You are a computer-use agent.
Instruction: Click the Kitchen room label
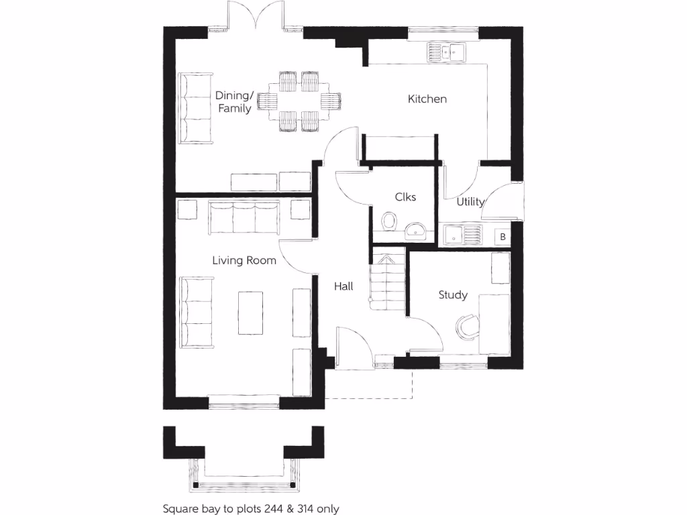pos(427,99)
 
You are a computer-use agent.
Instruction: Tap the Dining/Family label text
pos(234,102)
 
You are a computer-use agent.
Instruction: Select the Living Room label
pos(244,260)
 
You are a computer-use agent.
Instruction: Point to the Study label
pos(453,294)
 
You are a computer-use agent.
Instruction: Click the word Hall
pos(343,286)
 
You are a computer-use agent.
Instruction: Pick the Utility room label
pos(470,201)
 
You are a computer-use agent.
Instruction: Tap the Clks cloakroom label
pos(405,196)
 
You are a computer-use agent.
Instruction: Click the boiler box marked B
pos(502,237)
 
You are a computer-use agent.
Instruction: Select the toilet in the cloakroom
pos(388,221)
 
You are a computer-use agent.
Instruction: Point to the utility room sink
pos(463,235)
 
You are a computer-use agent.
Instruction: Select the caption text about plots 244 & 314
pos(251,509)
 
